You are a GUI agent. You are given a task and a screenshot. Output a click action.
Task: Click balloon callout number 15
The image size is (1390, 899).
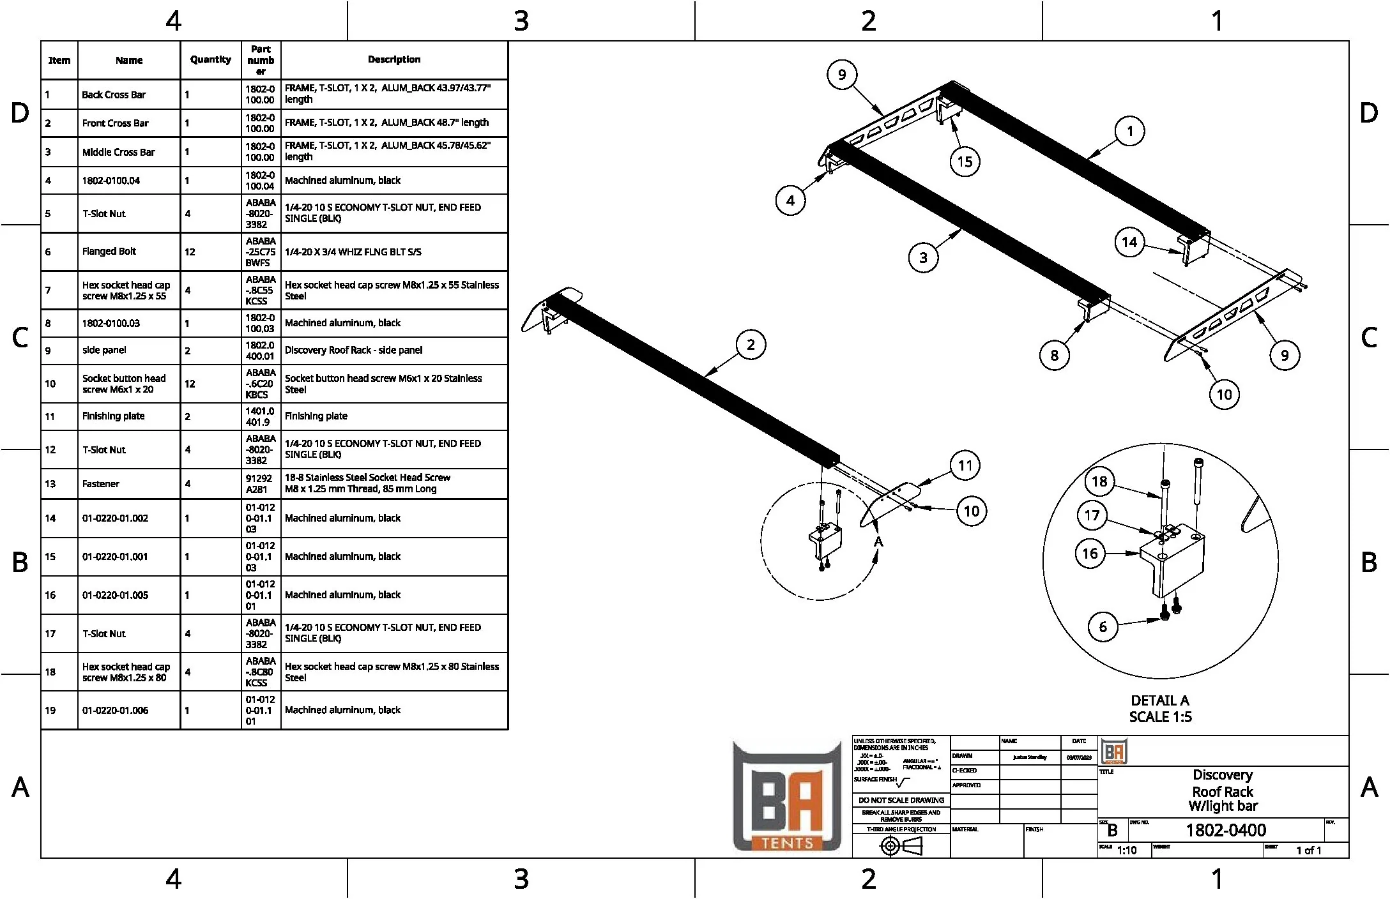pos(965,162)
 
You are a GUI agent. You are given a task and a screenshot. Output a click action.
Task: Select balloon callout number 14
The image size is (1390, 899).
pos(1129,242)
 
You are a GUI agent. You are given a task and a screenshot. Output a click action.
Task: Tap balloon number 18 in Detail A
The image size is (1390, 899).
pos(1099,481)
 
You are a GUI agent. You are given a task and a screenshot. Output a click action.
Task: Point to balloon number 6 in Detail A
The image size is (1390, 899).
pos(1103,627)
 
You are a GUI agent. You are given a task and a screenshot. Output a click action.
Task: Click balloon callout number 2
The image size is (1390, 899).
pos(751,345)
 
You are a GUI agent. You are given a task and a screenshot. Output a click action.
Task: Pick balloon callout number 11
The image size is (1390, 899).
pos(965,465)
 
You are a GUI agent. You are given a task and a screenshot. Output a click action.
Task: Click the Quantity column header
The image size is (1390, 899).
pos(211,60)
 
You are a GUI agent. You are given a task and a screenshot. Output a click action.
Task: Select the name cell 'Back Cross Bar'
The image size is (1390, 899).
pos(114,94)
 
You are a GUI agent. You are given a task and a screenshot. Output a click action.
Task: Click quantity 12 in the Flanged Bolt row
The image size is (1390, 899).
pos(190,252)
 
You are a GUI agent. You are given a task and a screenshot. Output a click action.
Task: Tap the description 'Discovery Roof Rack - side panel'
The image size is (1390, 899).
pos(353,350)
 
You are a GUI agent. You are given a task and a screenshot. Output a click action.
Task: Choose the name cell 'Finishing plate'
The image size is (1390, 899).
pos(113,416)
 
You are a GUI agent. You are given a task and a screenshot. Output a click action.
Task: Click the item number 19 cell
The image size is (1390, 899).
pos(50,710)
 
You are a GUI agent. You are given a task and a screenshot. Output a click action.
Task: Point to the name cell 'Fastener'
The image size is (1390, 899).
pos(101,483)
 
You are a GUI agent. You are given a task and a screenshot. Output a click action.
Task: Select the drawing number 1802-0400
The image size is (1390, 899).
pos(1226,830)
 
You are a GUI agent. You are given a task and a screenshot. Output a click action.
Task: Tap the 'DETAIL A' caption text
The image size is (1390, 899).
pos(1159,700)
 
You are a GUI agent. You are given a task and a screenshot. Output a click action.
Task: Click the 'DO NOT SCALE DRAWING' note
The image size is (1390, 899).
pos(901,800)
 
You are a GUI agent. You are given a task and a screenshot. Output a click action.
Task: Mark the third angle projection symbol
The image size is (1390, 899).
pos(901,846)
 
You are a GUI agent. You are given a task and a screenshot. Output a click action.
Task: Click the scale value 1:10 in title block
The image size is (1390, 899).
pos(1127,850)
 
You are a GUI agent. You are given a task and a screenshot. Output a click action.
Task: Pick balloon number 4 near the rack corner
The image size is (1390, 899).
pos(790,200)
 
